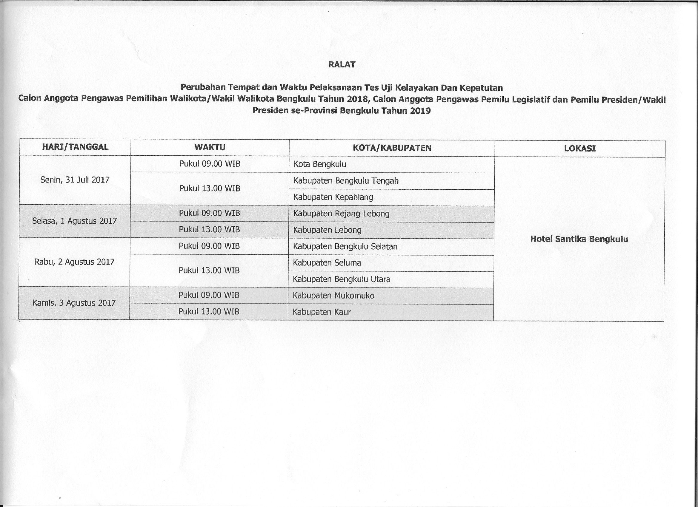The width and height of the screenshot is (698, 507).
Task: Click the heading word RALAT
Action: [x=342, y=64]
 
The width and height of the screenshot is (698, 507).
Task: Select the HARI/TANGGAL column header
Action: [x=75, y=147]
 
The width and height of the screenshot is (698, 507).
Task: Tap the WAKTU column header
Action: [x=210, y=147]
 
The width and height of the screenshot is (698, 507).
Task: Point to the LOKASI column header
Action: [x=580, y=149]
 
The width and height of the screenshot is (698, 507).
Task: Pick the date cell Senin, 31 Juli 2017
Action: [x=75, y=180]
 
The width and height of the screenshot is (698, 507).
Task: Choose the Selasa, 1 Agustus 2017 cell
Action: [x=74, y=221]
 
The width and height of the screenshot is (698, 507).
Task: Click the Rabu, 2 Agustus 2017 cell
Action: [x=74, y=262]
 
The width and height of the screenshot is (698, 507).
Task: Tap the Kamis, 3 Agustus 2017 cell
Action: [x=74, y=303]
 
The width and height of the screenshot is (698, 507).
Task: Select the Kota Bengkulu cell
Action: [x=320, y=164]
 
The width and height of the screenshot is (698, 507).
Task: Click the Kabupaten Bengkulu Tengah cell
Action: [x=346, y=180]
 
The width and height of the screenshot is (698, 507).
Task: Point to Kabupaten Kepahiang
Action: [x=333, y=197]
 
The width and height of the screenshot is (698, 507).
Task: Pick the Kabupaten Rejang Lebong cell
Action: [x=341, y=213]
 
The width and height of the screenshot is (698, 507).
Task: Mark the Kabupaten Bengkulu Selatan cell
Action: [x=345, y=246]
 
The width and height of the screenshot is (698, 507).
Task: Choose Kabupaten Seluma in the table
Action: [x=327, y=263]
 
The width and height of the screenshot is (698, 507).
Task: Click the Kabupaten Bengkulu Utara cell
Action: [x=341, y=279]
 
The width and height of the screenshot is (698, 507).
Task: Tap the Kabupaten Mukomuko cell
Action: [x=333, y=296]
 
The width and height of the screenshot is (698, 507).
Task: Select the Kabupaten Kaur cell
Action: [x=322, y=312]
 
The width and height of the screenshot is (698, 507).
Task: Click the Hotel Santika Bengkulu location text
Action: [x=579, y=239]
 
